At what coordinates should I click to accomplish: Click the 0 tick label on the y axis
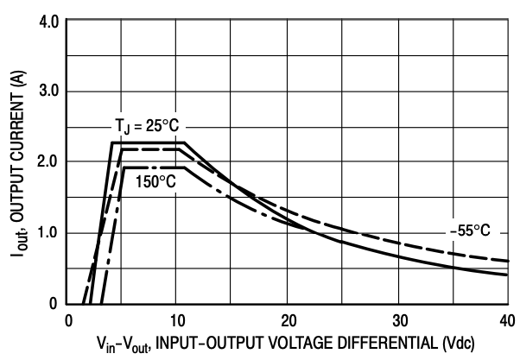53,303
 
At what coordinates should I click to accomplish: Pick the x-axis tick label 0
68,319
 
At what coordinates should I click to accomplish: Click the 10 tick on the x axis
177,319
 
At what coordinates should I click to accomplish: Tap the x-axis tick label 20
289,319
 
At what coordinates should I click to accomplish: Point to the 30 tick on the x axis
398,319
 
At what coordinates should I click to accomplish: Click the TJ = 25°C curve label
150,123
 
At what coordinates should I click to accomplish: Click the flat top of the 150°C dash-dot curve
150,168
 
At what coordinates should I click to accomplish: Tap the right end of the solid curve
506,275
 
